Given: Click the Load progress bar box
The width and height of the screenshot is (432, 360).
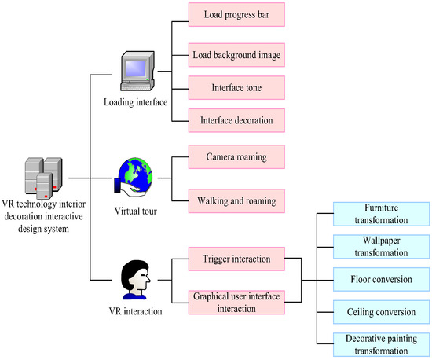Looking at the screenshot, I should (x=236, y=14).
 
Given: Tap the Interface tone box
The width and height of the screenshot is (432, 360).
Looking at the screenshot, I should (x=236, y=88).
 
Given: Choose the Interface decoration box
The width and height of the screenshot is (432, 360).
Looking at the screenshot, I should (x=236, y=119).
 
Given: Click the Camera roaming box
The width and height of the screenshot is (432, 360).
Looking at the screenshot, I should (x=236, y=156).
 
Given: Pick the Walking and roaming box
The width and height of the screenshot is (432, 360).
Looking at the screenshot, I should (x=236, y=201).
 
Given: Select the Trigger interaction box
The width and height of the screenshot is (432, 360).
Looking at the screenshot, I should (x=236, y=259).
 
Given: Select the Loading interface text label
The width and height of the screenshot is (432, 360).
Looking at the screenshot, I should (x=136, y=103).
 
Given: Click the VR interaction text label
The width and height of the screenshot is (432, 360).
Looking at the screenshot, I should (x=136, y=312).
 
